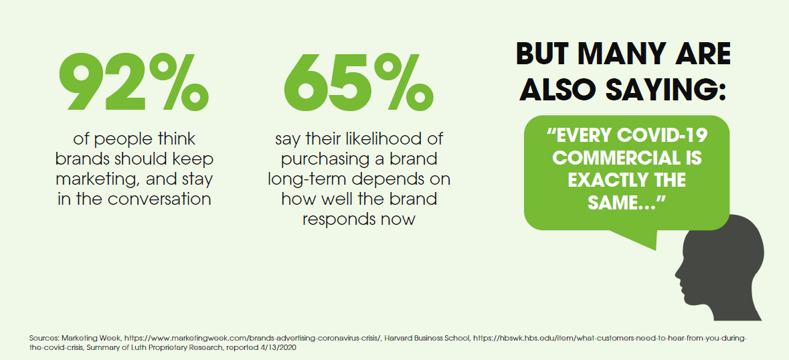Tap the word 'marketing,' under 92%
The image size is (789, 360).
click(96, 179)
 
